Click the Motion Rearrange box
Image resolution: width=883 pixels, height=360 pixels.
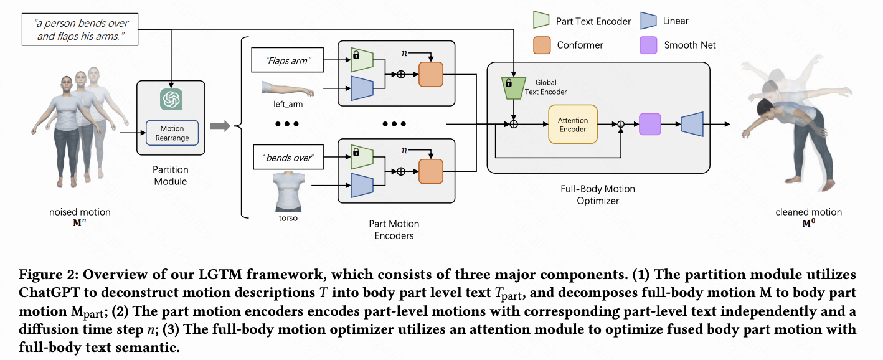[x=171, y=133]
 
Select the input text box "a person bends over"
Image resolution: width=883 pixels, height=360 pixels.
[x=80, y=30]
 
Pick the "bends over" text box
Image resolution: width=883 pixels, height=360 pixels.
[x=287, y=159]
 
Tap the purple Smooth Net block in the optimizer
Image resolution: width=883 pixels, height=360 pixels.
[x=649, y=125]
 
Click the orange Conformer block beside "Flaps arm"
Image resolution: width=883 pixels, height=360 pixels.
[x=430, y=74]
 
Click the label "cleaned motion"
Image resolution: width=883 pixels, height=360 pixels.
[x=808, y=212]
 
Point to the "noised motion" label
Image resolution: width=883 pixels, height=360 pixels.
[x=80, y=212]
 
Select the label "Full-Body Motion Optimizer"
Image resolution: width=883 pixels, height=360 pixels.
[x=597, y=194]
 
